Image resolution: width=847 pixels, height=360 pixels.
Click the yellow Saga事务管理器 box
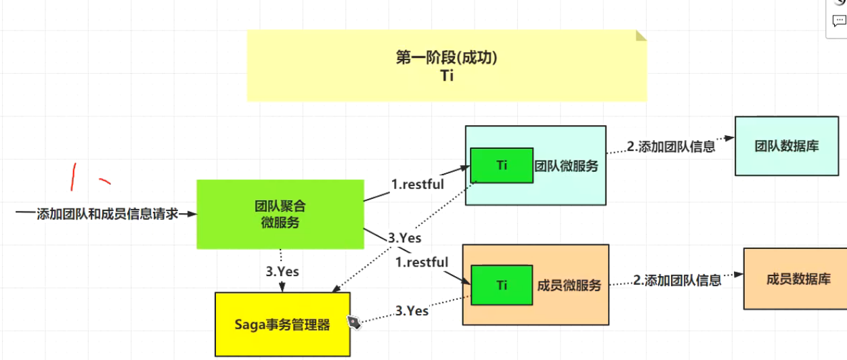[x=282, y=325]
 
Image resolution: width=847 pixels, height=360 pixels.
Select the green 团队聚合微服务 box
[x=280, y=214]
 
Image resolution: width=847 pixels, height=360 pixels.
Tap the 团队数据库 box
[x=786, y=145]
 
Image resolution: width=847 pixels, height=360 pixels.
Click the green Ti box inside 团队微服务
[x=502, y=165]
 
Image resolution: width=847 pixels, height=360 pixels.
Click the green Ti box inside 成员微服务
[x=502, y=286]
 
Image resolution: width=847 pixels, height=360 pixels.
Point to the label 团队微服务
[x=567, y=166]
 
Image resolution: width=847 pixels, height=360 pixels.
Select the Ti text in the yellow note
[x=446, y=76]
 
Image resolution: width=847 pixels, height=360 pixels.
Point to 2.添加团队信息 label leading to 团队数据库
[x=671, y=146]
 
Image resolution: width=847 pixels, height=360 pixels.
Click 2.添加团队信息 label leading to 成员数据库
[x=677, y=280]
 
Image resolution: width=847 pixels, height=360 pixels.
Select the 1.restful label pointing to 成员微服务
[x=422, y=262]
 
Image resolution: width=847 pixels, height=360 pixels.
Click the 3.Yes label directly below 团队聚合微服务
[x=282, y=271]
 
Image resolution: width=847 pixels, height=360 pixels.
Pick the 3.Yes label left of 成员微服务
[x=412, y=311]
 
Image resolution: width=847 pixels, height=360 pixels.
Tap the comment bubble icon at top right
[x=840, y=21]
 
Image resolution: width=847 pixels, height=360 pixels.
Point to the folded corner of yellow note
[x=640, y=35]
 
